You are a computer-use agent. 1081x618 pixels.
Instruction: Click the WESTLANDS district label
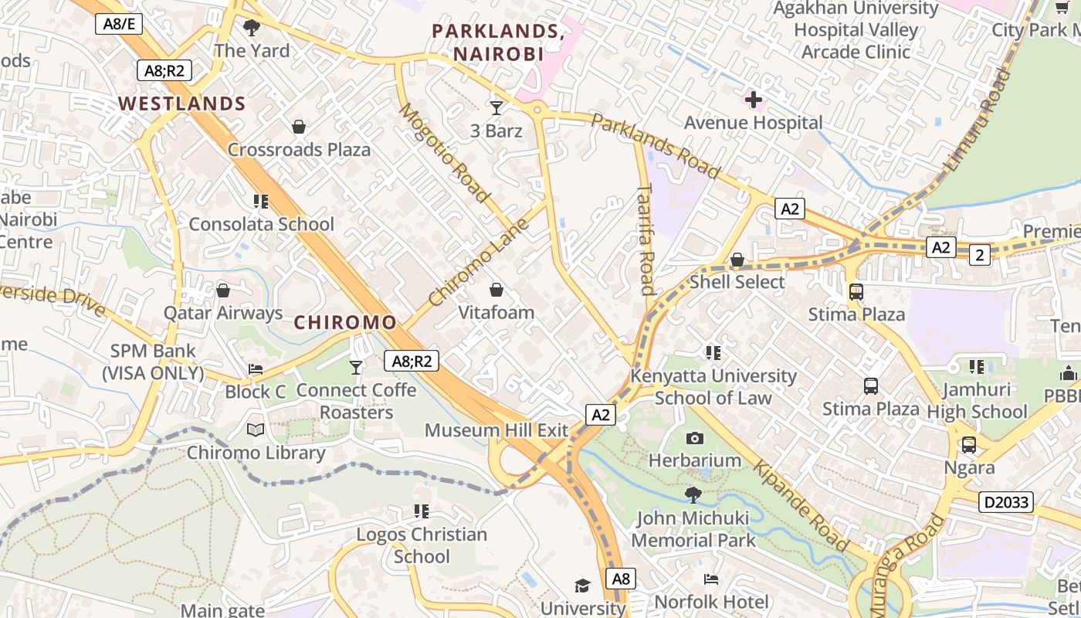click(x=181, y=104)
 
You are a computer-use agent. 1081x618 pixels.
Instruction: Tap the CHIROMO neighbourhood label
click(x=345, y=322)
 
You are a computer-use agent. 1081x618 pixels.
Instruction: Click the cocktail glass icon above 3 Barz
click(x=496, y=107)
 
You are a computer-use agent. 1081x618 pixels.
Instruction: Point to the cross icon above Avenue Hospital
click(x=753, y=100)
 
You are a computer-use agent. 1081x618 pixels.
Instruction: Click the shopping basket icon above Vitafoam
click(x=496, y=290)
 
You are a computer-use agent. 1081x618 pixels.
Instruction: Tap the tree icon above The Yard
click(x=251, y=29)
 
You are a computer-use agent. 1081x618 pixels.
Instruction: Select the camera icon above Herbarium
click(x=694, y=438)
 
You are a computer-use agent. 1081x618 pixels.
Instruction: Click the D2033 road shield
click(x=1006, y=502)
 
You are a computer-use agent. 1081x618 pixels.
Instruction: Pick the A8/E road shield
click(x=119, y=24)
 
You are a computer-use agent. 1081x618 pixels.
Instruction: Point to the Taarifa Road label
click(x=646, y=239)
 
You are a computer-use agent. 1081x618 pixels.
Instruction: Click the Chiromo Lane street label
click(x=479, y=261)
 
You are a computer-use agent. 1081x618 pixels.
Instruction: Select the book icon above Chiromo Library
click(x=256, y=430)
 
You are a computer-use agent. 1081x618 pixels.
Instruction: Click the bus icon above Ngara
click(x=968, y=445)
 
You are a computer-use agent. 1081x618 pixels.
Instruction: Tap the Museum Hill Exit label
click(x=496, y=430)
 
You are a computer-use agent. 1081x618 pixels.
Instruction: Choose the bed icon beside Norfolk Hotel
click(x=711, y=579)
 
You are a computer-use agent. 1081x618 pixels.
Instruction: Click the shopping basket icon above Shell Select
click(x=737, y=260)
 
